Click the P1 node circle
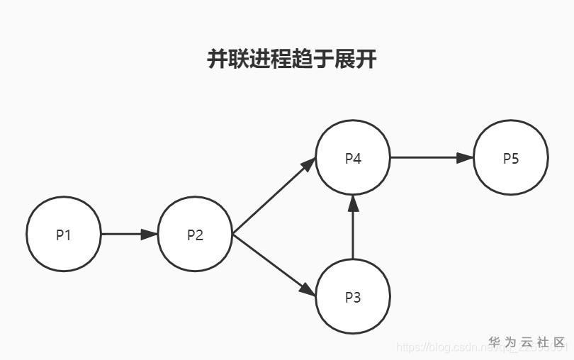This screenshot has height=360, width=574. (64, 234)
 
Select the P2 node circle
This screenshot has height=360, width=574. (195, 234)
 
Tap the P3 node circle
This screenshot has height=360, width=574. (353, 296)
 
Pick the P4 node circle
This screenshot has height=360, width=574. (353, 157)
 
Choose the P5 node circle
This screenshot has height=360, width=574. (511, 157)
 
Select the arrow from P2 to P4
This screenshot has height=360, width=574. (274, 196)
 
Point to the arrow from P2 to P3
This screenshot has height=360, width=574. (274, 264)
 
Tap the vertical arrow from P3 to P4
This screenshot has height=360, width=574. (353, 227)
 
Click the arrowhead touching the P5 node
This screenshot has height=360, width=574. (465, 157)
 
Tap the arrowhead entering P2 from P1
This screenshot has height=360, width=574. (150, 234)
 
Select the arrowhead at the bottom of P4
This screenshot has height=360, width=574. (353, 203)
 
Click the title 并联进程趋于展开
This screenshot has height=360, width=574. (291, 59)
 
